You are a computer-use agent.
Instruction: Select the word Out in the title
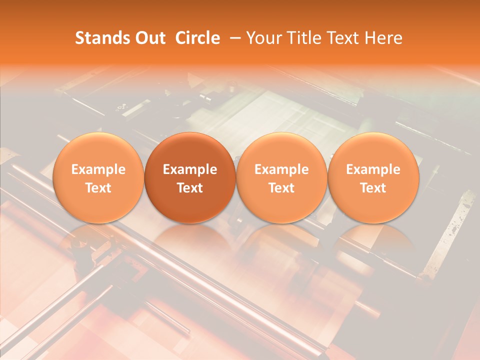(148, 38)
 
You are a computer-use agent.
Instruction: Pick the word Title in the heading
(304, 38)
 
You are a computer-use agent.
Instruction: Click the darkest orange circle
(190, 177)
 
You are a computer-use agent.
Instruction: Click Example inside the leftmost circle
(98, 169)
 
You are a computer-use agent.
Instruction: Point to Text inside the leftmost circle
(98, 188)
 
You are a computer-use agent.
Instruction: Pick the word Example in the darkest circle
(190, 169)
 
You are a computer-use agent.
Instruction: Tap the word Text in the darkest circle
(190, 188)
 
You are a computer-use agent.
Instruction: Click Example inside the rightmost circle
(373, 169)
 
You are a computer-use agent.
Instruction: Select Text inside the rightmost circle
(373, 188)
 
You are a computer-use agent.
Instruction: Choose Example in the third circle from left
(281, 169)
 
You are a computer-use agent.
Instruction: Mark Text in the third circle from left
(281, 188)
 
